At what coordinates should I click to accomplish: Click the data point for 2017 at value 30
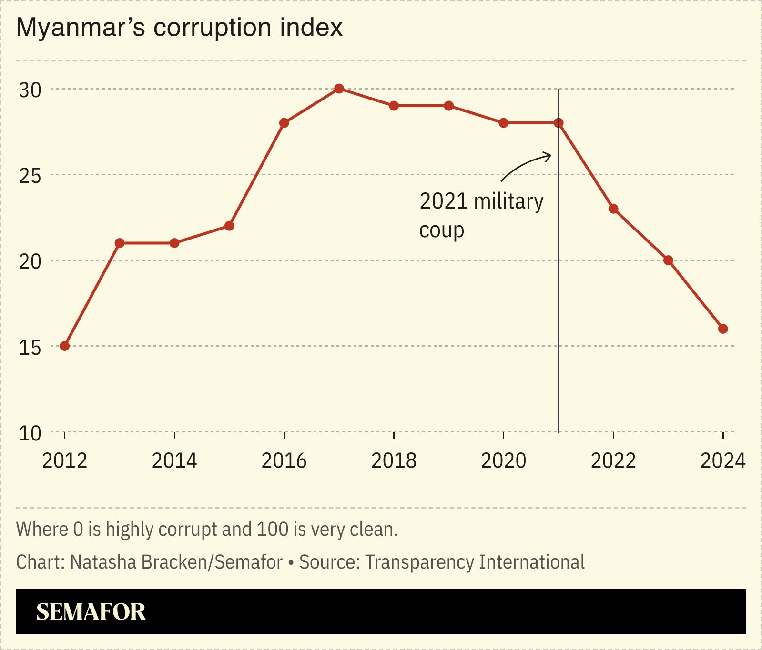pyautogui.click(x=339, y=89)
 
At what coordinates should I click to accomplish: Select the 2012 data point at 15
pyautogui.click(x=65, y=346)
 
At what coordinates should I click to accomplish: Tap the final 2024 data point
pyautogui.click(x=723, y=329)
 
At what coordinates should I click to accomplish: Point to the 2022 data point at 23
pyautogui.click(x=613, y=209)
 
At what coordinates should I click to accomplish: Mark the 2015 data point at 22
pyautogui.click(x=229, y=226)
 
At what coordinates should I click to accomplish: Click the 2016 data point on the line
pyautogui.click(x=284, y=123)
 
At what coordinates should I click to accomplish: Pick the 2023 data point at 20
pyautogui.click(x=668, y=260)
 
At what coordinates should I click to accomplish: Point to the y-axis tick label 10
pyautogui.click(x=30, y=433)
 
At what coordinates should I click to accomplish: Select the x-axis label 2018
pyautogui.click(x=394, y=461)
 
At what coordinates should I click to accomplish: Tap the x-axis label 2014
pyautogui.click(x=174, y=461)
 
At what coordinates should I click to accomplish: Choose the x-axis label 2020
pyautogui.click(x=503, y=461)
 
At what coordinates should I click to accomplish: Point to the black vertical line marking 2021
pyautogui.click(x=558, y=310)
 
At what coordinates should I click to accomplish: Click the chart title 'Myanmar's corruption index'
pyautogui.click(x=179, y=28)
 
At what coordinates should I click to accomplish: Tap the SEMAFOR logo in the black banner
pyautogui.click(x=91, y=612)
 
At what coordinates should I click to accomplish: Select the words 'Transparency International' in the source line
pyautogui.click(x=475, y=562)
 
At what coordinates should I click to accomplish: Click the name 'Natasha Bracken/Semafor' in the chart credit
pyautogui.click(x=176, y=562)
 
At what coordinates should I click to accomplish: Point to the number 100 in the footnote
pyautogui.click(x=272, y=530)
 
